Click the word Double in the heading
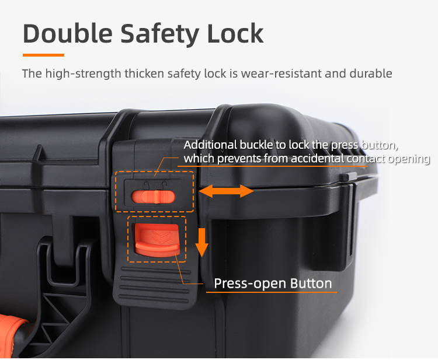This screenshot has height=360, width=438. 68,33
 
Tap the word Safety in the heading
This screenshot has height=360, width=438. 160,34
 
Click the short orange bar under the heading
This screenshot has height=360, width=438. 43,55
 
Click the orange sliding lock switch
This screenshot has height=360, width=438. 154,197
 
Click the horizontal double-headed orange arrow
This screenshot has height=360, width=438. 226,191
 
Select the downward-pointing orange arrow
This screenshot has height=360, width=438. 201,242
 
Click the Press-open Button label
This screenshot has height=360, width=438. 273,283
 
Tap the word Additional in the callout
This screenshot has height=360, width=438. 210,145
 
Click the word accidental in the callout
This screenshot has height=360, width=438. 317,159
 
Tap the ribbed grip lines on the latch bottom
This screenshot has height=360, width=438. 155,285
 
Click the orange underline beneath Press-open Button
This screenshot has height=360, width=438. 271,292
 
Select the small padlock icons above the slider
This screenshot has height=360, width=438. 155,184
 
